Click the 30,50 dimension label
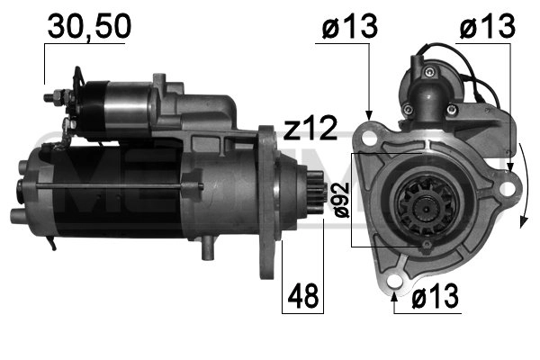(88, 27)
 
